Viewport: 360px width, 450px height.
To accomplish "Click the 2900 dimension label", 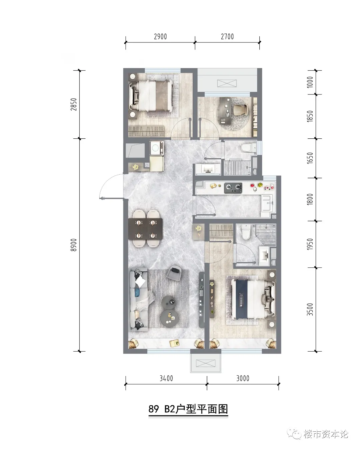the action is (160, 37).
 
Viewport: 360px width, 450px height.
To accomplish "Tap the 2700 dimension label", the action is (227, 37).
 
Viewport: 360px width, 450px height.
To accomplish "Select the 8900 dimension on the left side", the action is (74, 245).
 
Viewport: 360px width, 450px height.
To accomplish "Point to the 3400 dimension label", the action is (166, 378).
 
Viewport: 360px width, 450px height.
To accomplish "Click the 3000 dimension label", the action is (243, 378).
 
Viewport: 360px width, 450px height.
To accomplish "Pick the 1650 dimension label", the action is (310, 158).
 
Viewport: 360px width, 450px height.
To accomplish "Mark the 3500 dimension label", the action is (310, 309).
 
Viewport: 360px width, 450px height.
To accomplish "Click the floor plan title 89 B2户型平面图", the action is (188, 409).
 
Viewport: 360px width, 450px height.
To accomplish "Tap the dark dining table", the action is (145, 229).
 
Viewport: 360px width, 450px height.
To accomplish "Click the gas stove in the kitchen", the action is (233, 188).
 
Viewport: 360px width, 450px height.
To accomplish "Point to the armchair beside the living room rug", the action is (174, 273).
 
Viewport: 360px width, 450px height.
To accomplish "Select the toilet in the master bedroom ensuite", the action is (246, 232).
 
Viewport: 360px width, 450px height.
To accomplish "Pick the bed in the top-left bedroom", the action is (150, 96).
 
